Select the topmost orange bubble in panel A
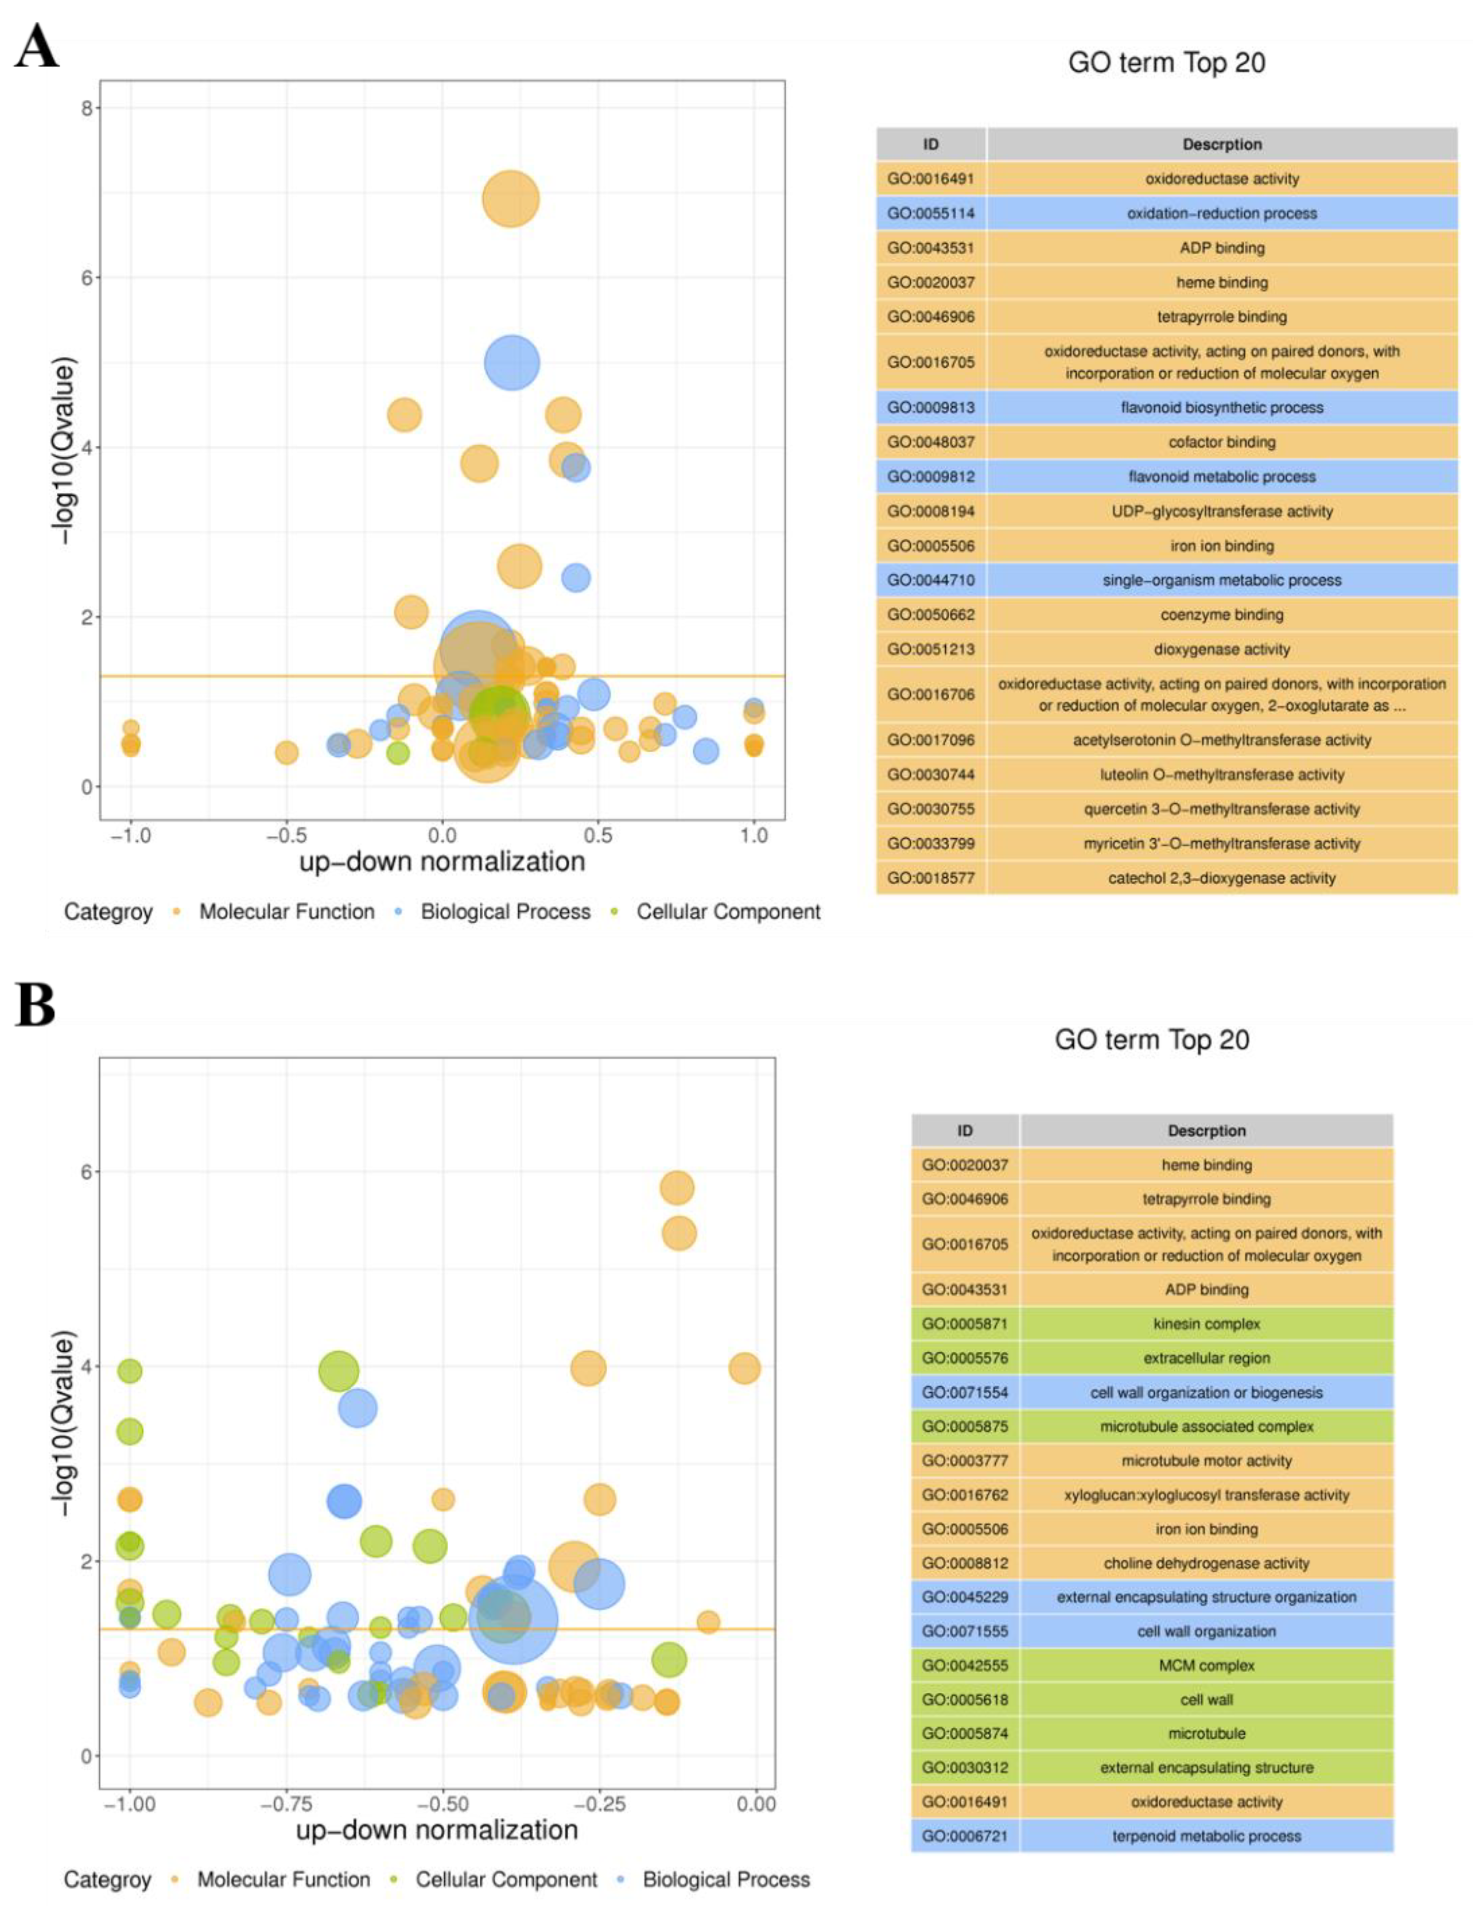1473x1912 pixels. pos(510,199)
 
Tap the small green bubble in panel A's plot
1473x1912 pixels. pos(398,752)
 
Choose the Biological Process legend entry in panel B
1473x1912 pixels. pos(726,1879)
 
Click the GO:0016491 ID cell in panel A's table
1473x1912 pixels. pos(930,179)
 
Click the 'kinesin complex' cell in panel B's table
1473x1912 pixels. pos(1206,1324)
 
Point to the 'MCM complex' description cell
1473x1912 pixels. pos(1206,1665)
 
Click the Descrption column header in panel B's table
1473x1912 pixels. pos(1206,1131)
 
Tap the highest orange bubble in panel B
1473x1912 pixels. pos(677,1188)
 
